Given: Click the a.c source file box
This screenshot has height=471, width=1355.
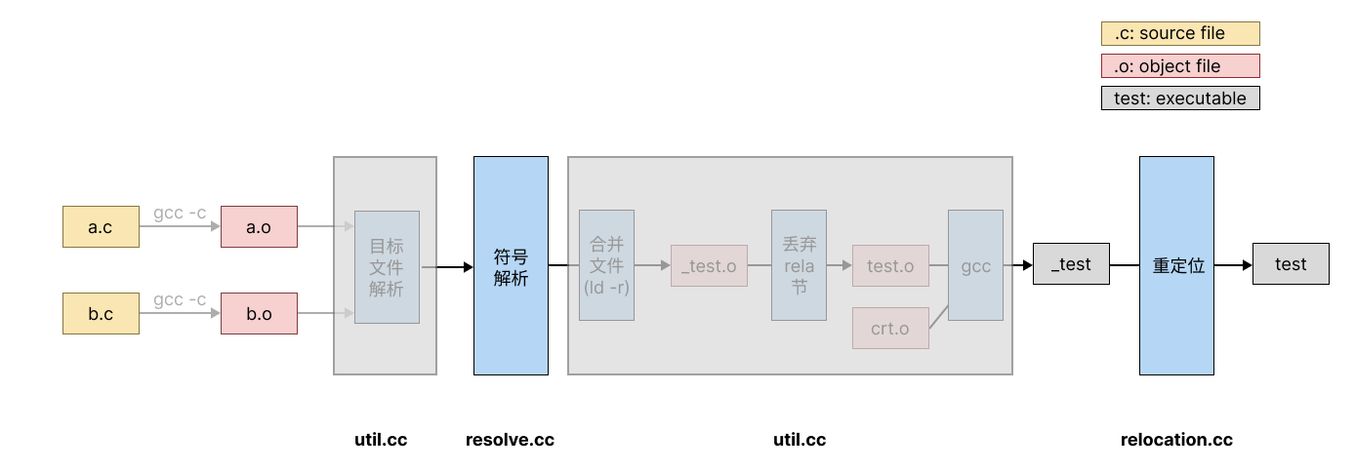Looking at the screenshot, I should point(101,227).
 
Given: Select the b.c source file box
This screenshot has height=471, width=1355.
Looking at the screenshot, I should point(101,314).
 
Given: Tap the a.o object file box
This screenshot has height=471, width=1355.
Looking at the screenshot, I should point(259,227).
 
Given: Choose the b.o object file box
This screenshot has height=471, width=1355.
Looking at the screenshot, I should point(259,314).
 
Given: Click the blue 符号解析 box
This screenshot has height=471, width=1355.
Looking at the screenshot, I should point(511,266).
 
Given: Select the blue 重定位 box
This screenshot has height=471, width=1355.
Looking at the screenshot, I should point(1176,266).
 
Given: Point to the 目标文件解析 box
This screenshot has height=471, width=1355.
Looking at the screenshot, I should point(387,267).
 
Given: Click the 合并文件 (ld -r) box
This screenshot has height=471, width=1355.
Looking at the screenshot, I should point(606,265).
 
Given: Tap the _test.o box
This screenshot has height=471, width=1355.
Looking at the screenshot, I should point(709,266).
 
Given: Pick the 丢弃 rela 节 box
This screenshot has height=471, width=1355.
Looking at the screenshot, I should point(799,265).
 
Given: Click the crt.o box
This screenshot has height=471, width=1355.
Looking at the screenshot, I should point(890,329).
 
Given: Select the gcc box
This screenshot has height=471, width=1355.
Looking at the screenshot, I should point(975,265).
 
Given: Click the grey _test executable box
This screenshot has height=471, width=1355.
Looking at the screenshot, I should point(1071,264).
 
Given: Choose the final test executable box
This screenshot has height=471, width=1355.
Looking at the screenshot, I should point(1291,264).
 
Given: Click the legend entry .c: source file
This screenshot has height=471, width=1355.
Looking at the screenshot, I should point(1180,34).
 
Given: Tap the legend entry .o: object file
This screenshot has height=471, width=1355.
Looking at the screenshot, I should point(1180,66).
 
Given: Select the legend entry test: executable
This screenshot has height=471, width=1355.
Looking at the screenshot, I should point(1180,98).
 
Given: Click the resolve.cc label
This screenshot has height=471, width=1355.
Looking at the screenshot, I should point(510,440).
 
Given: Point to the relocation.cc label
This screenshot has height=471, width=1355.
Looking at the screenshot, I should point(1176,440).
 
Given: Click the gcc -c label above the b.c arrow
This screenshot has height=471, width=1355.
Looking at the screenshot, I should point(180,299).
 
